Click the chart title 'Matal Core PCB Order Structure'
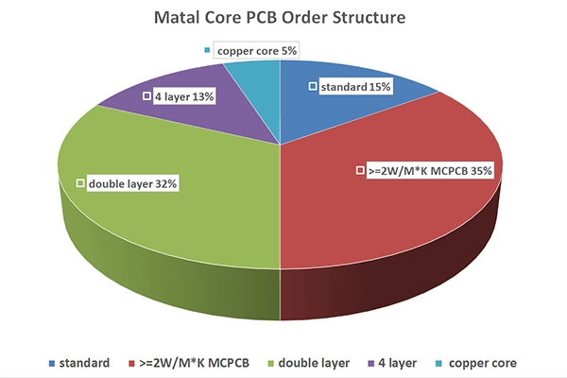[x=283, y=17]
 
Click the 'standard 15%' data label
[x=351, y=87]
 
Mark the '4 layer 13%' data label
[x=177, y=95]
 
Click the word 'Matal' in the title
[x=175, y=17]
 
